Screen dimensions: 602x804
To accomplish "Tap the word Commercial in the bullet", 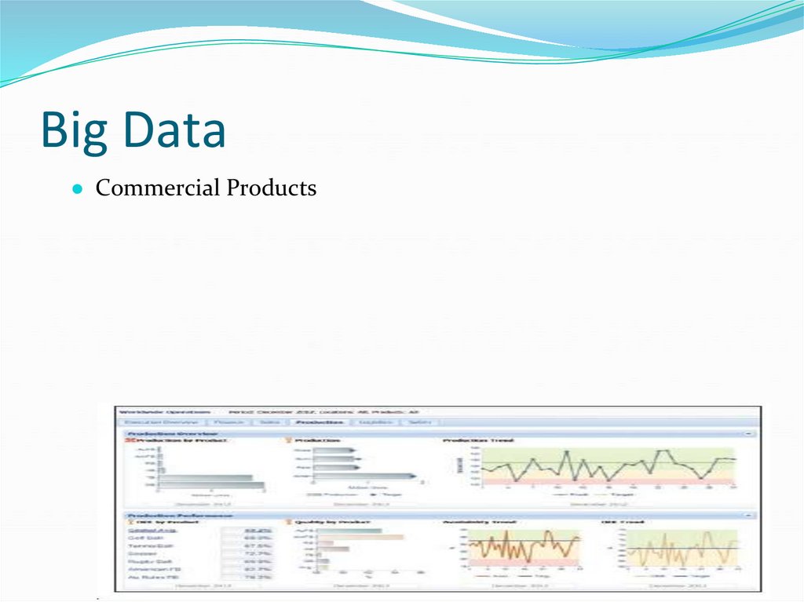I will coord(157,188).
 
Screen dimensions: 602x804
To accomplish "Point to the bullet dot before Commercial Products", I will coord(78,190).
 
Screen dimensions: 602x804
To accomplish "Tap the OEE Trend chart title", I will coord(628,523).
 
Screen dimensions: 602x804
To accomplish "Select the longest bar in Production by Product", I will coord(211,485).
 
